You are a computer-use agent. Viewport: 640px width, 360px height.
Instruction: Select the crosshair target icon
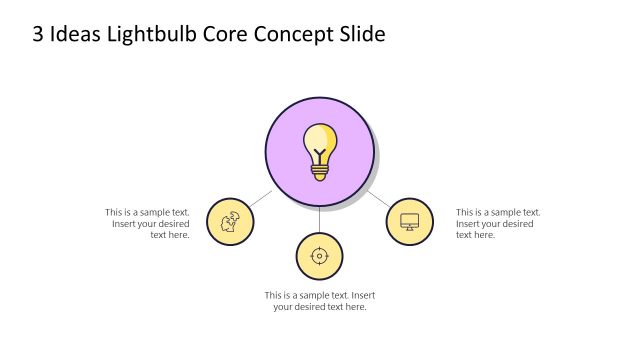tap(319, 256)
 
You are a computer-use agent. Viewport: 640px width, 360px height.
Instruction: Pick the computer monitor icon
tap(409, 221)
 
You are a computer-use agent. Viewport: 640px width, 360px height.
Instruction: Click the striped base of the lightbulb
tap(319, 172)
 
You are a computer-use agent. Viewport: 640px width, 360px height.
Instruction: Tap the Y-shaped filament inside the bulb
tap(319, 156)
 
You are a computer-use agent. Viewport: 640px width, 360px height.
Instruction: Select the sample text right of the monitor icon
tap(498, 223)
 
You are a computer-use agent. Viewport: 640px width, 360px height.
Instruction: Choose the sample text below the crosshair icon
tap(320, 301)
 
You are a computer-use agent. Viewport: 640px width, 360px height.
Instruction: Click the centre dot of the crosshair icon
tap(319, 256)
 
